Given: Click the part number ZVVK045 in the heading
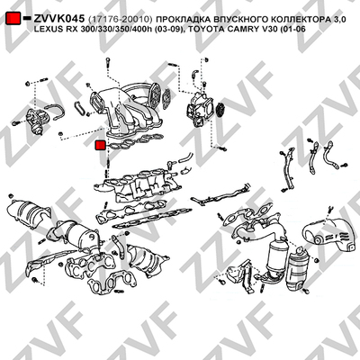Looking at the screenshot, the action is [58, 19].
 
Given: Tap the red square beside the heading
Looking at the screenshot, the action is [13, 18].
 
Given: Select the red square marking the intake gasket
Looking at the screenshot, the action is [100, 145].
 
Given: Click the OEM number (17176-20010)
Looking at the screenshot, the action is [121, 20].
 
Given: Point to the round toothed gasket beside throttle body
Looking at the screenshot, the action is [220, 109].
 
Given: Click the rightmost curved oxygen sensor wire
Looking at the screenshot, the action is [330, 156].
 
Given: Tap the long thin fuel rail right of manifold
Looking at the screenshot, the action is [220, 195].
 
